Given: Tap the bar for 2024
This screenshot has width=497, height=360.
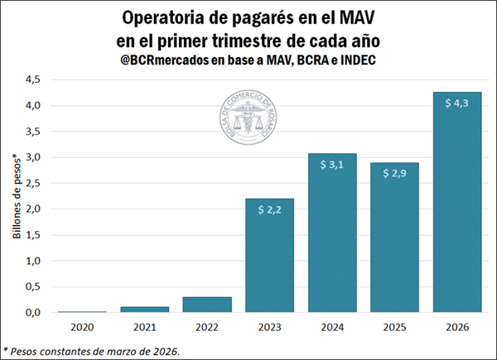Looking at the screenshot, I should point(332,233).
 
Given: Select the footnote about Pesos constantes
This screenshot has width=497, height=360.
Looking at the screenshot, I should point(91,350).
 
